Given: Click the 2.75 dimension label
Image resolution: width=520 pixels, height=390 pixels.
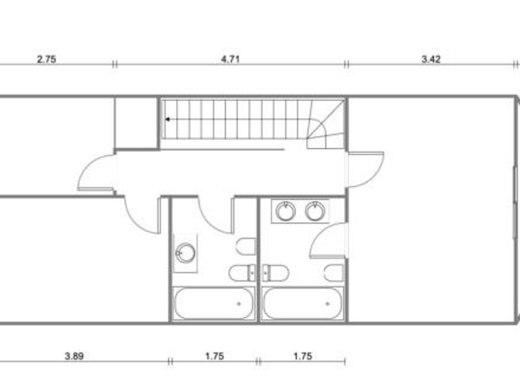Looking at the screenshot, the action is pyautogui.click(x=46, y=59).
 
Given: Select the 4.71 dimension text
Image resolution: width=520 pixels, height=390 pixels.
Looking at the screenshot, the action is pyautogui.click(x=230, y=59).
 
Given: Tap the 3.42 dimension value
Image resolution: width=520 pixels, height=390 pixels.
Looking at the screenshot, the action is pyautogui.click(x=431, y=59).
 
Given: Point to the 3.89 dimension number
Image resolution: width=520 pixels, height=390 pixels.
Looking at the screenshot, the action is pyautogui.click(x=74, y=356).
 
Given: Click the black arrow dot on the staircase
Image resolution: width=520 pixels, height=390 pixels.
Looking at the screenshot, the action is pyautogui.click(x=168, y=119).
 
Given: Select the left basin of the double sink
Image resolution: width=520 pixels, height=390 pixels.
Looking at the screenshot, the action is pyautogui.click(x=285, y=211).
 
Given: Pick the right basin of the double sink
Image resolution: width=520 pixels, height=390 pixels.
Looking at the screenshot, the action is pyautogui.click(x=314, y=211).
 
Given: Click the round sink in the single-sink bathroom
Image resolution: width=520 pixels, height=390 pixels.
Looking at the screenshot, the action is pyautogui.click(x=185, y=253).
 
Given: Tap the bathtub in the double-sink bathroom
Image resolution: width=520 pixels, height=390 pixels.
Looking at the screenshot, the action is pyautogui.click(x=303, y=303).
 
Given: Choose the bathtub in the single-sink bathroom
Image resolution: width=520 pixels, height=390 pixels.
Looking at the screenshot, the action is pyautogui.click(x=214, y=303).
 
